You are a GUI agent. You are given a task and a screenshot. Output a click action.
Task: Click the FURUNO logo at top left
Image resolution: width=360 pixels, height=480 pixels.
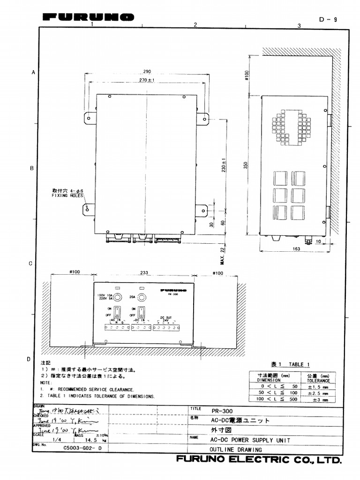tap(88, 17)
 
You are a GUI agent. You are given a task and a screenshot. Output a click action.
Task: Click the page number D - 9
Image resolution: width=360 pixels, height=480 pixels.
tap(328, 19)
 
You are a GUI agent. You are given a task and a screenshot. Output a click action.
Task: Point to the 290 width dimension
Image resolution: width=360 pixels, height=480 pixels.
tap(147, 72)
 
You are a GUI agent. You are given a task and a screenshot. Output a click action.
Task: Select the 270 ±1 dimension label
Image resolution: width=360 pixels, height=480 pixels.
tap(147, 80)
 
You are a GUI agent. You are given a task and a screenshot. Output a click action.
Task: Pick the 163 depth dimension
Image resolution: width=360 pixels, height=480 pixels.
tap(296, 249)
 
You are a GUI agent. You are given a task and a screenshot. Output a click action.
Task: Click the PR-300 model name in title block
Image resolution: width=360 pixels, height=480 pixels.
tap(222, 410)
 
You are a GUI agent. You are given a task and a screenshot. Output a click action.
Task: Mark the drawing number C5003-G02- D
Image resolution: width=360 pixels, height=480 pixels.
tap(82, 448)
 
